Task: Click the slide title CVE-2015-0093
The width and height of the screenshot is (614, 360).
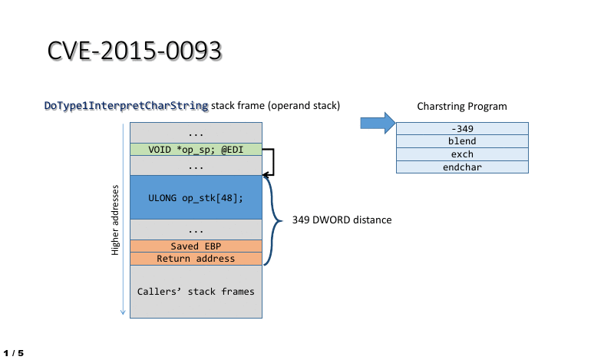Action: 135,50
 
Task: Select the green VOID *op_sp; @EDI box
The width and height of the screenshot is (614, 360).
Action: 196,150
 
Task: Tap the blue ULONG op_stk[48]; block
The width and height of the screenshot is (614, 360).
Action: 196,197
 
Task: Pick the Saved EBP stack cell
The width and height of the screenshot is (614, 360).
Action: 196,246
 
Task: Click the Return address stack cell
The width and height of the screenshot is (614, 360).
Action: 196,259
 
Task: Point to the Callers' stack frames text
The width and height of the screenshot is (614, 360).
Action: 196,292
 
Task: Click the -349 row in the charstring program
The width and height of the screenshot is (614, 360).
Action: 462,128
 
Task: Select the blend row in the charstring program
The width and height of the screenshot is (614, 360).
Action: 462,141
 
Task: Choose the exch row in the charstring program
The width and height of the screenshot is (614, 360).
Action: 462,154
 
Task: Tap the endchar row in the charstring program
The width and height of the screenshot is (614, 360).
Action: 462,167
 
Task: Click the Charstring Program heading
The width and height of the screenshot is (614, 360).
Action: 461,107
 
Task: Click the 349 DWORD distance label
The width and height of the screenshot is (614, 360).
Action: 342,220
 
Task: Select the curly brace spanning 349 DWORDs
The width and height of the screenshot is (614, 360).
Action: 275,220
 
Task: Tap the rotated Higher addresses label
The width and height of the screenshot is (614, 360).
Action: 116,220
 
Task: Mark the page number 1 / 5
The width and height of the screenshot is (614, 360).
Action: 14,353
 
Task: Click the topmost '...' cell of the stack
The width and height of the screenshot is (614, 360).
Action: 196,134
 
